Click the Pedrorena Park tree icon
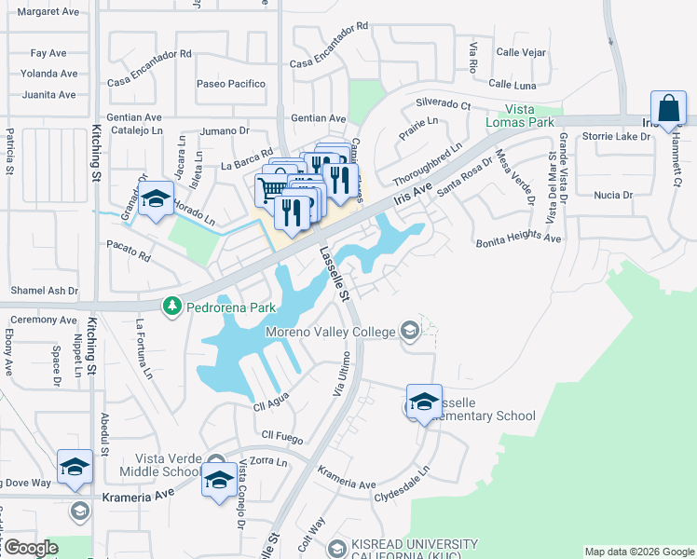(x=171, y=306)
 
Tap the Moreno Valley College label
(x=331, y=330)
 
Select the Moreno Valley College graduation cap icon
(x=409, y=330)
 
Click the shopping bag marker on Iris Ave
(x=669, y=110)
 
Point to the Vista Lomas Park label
(x=519, y=116)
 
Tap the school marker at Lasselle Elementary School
(x=424, y=402)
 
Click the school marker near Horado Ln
(x=156, y=200)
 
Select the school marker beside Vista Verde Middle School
(x=219, y=481)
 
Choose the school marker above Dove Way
(x=75, y=468)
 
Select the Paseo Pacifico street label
(x=231, y=84)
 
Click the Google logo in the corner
(x=31, y=548)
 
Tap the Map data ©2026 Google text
(x=638, y=552)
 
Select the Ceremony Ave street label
(x=44, y=320)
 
